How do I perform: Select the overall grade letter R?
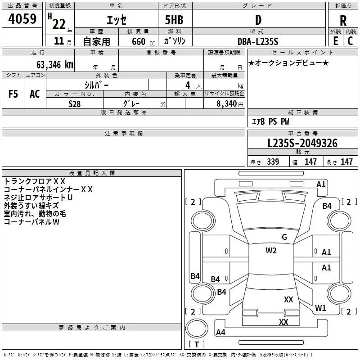tap(343, 20)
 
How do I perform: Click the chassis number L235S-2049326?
tap(302, 143)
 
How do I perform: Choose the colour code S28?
tap(75, 103)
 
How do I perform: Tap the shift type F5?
tap(13, 94)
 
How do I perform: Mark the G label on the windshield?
tap(284, 237)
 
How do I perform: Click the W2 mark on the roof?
tap(271, 251)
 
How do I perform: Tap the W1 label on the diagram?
tap(320, 308)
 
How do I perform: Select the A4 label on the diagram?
tap(220, 333)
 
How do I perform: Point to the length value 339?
tap(272, 162)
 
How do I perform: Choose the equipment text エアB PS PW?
tap(270, 121)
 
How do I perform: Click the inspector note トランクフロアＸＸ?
tap(35, 181)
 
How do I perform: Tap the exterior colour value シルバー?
tap(96, 84)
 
